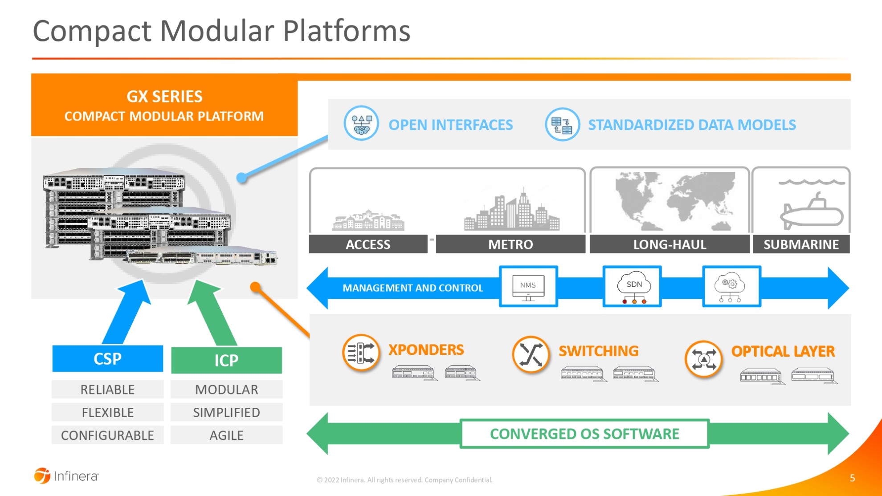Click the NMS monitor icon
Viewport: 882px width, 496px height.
pos(528,287)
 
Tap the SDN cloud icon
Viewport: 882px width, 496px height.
pos(633,287)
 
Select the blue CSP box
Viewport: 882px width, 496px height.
pos(107,359)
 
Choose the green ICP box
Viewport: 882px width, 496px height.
pos(226,360)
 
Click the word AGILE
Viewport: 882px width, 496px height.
pos(226,435)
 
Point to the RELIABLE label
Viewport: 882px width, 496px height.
pos(107,390)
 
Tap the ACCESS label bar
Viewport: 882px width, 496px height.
pos(368,244)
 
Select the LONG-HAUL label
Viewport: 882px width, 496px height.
pos(670,244)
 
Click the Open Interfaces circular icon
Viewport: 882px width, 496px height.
pos(361,123)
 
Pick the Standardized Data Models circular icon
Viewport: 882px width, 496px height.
pos(562,124)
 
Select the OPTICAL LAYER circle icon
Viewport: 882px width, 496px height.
pos(703,359)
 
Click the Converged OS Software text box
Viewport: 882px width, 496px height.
pos(584,434)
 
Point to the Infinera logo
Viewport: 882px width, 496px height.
pos(66,476)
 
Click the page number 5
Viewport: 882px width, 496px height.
pos(852,478)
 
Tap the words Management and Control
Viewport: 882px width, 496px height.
pos(412,288)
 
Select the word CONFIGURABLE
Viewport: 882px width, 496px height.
pos(107,435)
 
